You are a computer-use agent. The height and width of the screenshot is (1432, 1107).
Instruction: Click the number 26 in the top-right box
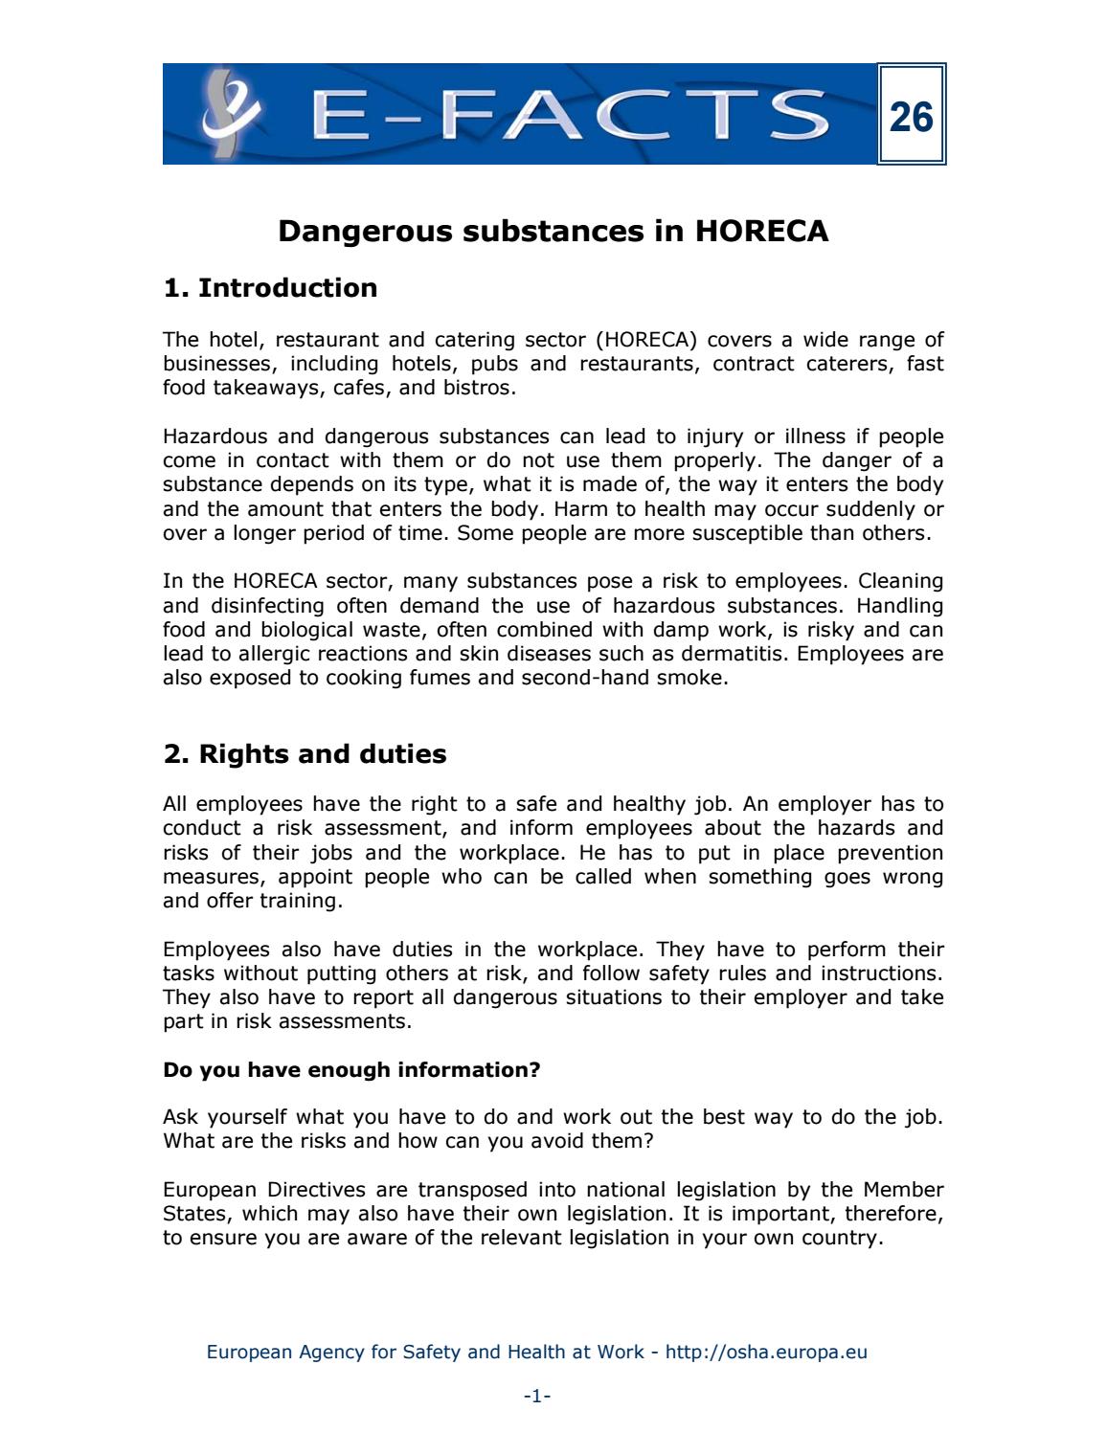coord(911,117)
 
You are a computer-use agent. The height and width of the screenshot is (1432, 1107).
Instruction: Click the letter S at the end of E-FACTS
coord(797,115)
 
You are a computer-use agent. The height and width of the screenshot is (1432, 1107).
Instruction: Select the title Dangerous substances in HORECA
coord(553,232)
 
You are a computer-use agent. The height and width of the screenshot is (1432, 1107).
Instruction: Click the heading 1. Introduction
coord(270,288)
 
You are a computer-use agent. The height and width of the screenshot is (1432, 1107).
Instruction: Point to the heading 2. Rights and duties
coord(305,754)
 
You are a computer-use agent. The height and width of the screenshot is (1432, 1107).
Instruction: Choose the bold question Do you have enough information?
coord(351,1069)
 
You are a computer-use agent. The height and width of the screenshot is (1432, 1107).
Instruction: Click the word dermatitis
coord(734,654)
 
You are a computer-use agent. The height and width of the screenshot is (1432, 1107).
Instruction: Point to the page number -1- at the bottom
coord(536,1397)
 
